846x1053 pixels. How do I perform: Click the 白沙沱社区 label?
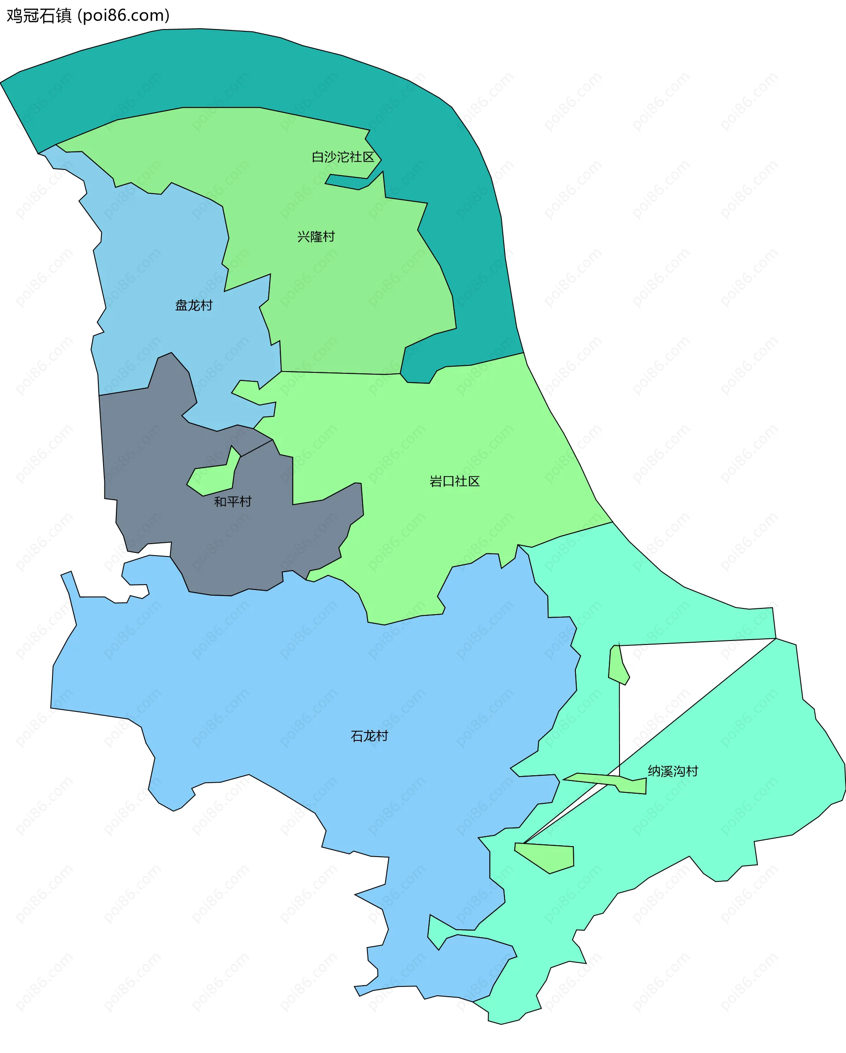click(343, 157)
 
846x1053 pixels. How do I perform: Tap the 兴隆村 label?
click(316, 236)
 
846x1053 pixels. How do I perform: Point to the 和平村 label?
click(232, 501)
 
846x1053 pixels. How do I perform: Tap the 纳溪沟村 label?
click(672, 771)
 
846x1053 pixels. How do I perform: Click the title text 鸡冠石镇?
click(39, 16)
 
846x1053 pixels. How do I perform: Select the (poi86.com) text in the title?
click(124, 16)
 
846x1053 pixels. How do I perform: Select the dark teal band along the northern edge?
click(245, 68)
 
